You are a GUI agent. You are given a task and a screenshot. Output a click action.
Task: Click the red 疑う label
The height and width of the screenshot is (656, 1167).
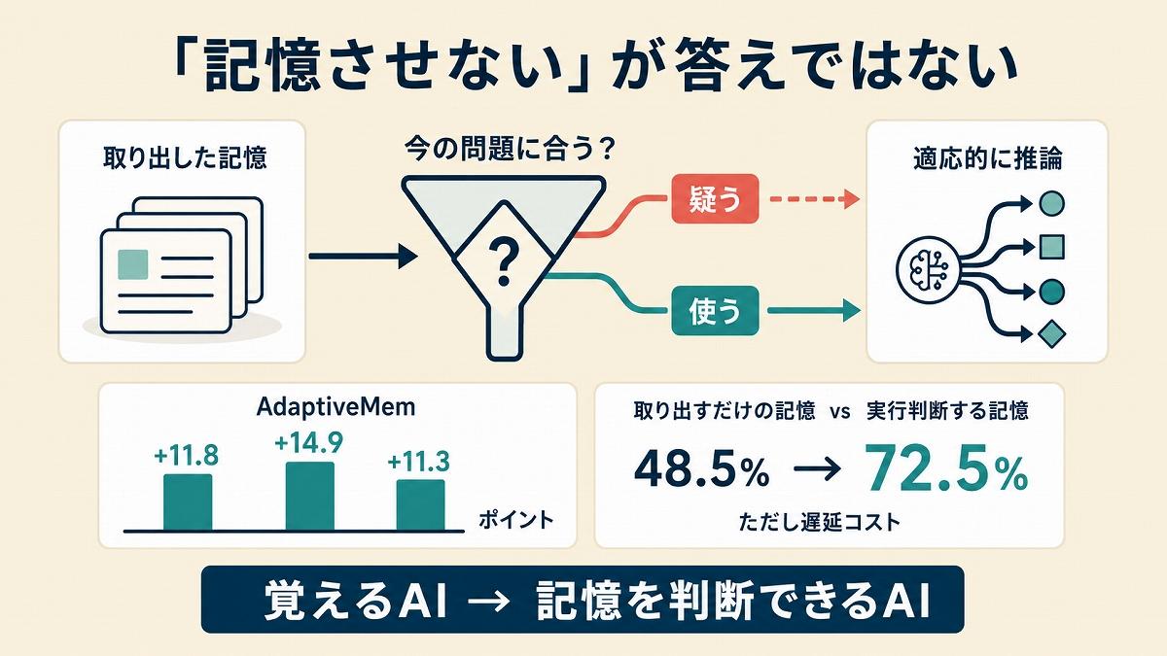click(x=714, y=199)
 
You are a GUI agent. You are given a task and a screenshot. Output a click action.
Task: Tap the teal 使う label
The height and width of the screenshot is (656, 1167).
click(x=714, y=311)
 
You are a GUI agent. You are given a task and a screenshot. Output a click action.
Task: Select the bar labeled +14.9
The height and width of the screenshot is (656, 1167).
click(x=310, y=497)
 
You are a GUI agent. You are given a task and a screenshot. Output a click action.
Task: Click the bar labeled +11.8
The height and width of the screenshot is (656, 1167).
click(x=188, y=502)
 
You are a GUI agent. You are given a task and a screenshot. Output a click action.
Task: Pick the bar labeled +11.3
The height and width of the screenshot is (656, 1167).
click(x=420, y=505)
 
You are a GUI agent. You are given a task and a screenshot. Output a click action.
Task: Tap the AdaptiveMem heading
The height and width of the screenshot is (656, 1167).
click(x=336, y=407)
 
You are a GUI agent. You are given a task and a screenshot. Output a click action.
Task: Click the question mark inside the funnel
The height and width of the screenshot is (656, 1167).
click(x=503, y=261)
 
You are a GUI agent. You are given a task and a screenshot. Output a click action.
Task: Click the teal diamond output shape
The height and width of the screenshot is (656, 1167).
click(x=1051, y=334)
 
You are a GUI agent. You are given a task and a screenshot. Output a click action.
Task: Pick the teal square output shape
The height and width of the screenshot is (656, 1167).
click(x=1052, y=247)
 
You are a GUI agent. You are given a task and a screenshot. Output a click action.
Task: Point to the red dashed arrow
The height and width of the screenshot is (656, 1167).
click(x=814, y=199)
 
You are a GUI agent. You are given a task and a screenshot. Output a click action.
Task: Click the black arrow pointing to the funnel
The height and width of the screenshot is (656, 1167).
click(x=363, y=257)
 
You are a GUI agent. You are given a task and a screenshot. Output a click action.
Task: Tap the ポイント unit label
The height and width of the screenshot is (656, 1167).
click(x=515, y=520)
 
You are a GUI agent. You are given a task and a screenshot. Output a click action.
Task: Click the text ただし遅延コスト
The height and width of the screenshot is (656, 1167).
click(x=820, y=522)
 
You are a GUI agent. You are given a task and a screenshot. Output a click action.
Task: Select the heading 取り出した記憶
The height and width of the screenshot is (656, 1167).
click(x=185, y=157)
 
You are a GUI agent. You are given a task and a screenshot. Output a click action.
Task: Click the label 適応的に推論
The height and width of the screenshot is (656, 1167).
click(x=988, y=159)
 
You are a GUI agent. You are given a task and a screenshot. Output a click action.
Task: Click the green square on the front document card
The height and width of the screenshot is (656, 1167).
click(x=133, y=264)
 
